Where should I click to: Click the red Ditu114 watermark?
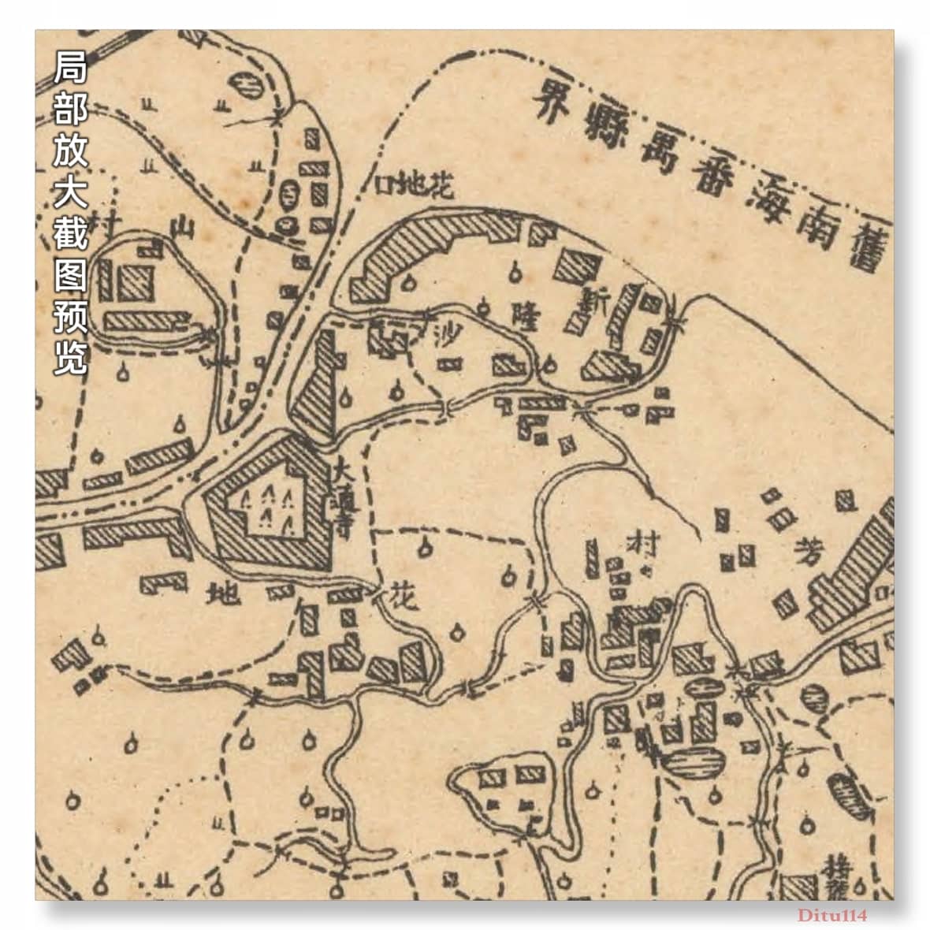pos(831,915)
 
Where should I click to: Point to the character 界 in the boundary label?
pos(552,102)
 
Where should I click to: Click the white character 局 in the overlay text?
pos(69,70)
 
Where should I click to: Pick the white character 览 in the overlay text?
pos(69,358)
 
